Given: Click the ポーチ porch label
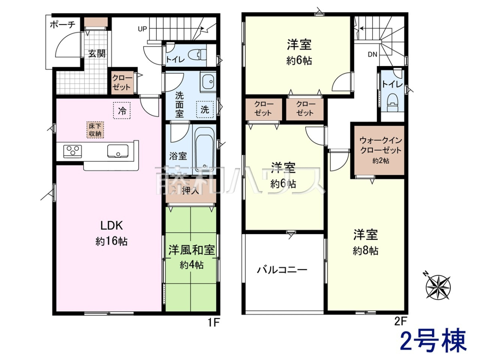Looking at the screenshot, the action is coord(62,25).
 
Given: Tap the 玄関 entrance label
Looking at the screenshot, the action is coord(97,54).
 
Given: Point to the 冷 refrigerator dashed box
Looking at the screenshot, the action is coord(122,111).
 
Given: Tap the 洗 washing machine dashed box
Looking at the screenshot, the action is coord(205,110).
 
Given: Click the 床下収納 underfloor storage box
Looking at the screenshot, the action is coord(95,130).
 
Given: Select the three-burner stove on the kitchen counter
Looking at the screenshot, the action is coord(73,151).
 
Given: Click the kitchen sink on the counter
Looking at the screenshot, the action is coord(118,151).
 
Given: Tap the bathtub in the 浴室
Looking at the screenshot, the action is coord(204,150).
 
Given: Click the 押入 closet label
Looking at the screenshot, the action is coord(191,191).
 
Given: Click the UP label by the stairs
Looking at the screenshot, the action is coord(142,29).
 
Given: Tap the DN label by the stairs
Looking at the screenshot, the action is coord(373,54).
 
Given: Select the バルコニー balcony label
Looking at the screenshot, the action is coord(282,270).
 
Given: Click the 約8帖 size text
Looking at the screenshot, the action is coord(366,251).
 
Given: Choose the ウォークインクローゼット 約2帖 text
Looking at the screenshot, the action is coord(381,150).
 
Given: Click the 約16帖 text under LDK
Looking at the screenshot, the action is coord(112,242).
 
